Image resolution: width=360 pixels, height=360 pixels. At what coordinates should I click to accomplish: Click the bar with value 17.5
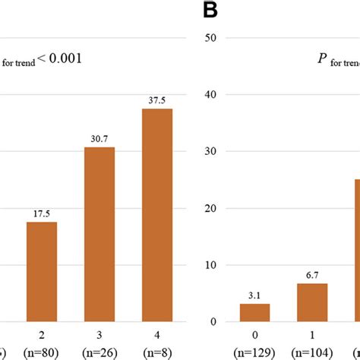point(42,271)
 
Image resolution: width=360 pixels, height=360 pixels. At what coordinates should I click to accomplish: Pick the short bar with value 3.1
point(254,312)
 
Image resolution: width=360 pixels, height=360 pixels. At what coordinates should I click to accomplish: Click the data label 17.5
point(42,214)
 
